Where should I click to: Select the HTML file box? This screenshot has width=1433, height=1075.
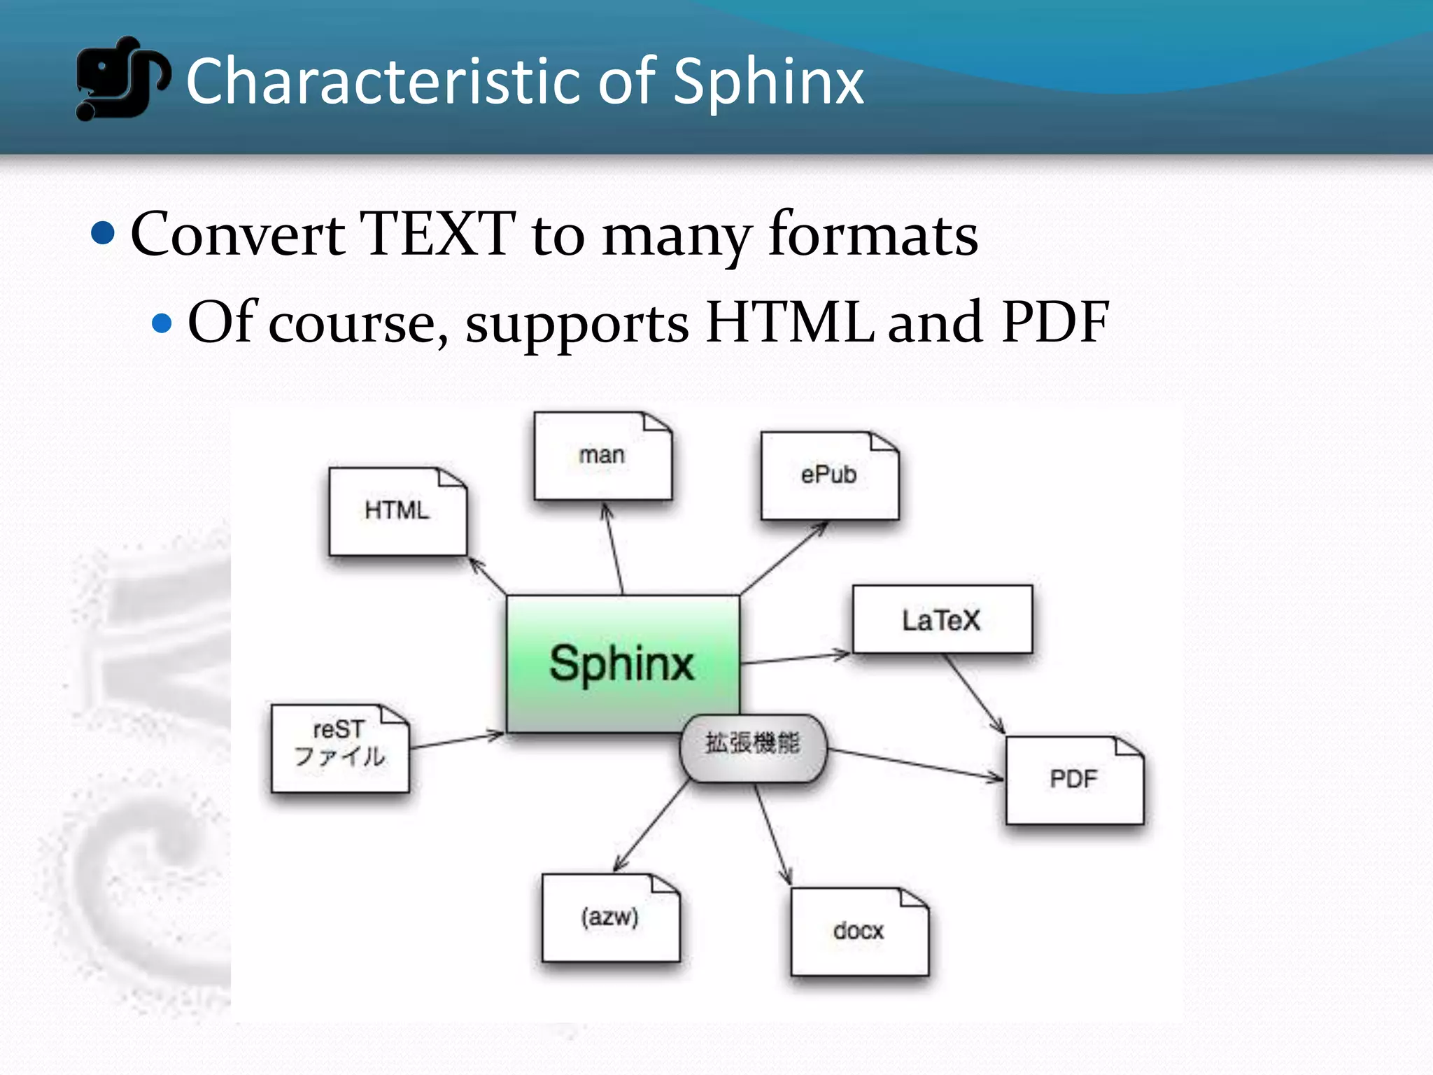397,512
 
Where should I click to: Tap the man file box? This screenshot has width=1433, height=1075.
602,456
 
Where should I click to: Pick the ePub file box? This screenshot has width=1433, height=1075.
829,476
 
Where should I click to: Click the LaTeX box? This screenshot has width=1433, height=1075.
942,620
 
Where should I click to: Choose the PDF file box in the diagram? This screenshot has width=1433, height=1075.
1074,780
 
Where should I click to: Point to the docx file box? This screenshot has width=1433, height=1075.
859,932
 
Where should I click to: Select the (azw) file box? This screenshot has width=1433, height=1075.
610,918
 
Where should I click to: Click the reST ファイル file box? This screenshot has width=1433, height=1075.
340,747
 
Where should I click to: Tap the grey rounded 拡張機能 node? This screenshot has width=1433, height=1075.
753,747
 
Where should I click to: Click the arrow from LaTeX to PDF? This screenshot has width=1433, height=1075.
975,694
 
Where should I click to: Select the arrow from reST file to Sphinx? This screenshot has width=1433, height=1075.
457,741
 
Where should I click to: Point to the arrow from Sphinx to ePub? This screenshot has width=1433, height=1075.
784,558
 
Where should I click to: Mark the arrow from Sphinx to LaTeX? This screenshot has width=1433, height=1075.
795,659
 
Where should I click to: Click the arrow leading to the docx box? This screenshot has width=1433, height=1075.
772,833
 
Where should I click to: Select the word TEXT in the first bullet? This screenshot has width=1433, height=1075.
437,234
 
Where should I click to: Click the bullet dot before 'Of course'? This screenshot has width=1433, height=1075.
162,323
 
